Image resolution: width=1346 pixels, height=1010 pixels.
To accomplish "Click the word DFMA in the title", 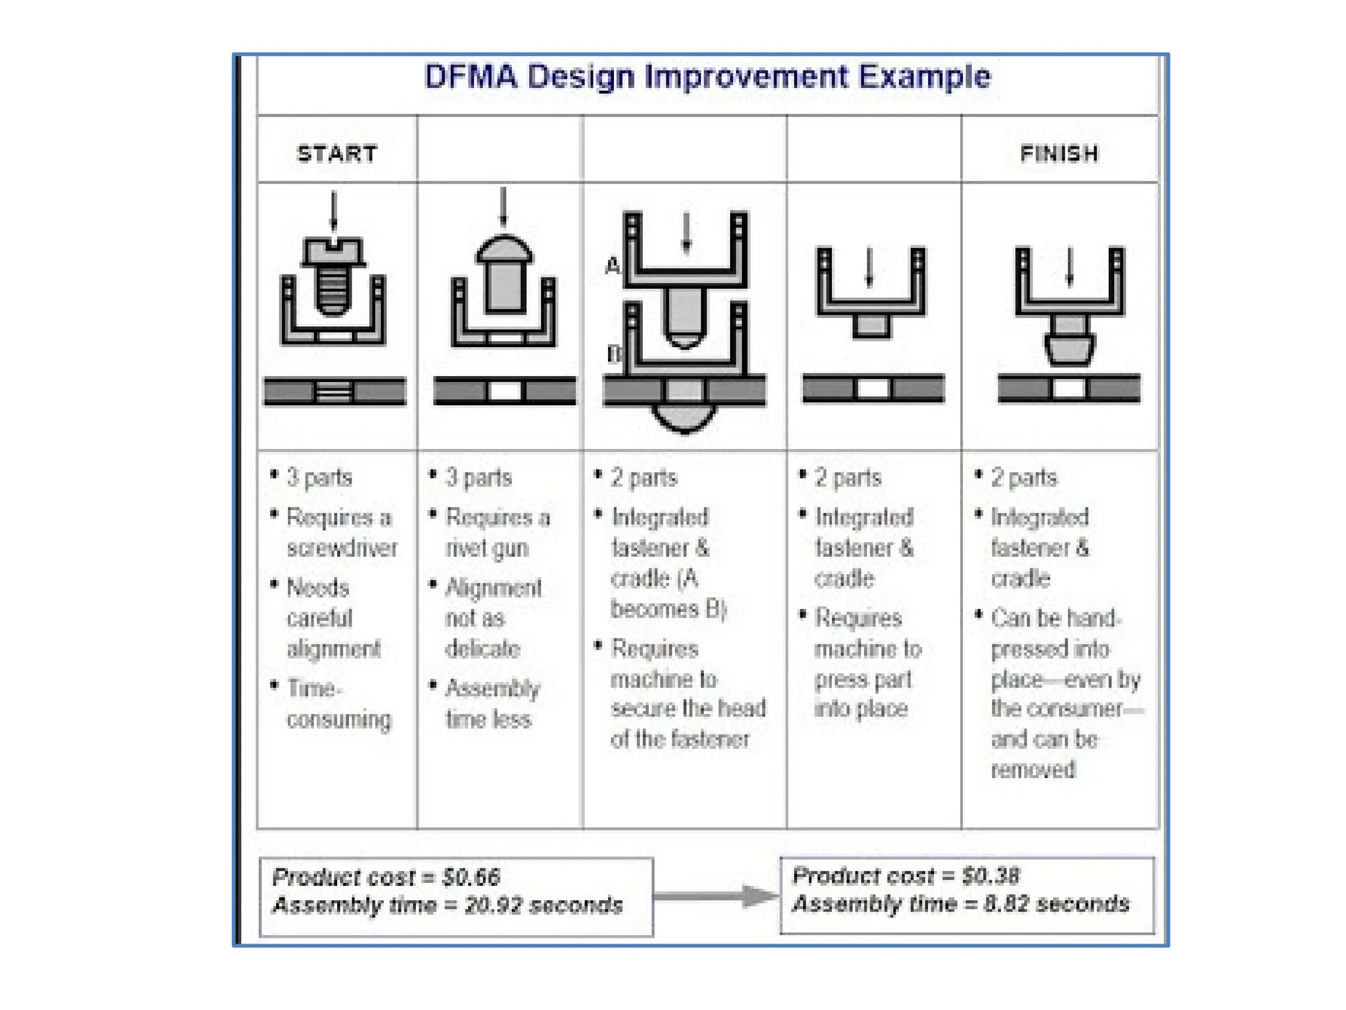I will pos(471,77).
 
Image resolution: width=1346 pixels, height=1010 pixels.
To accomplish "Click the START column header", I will pos(337,154).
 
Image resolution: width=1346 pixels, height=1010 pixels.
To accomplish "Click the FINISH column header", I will pos(1059,154).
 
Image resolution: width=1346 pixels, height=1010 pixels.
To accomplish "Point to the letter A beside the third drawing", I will pos(613,266).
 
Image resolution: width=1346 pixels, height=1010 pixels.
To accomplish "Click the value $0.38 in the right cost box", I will pos(990,876).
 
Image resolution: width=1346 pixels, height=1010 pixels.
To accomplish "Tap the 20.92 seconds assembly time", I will pos(543,905).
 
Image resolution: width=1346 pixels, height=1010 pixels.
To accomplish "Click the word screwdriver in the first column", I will pos(342,548).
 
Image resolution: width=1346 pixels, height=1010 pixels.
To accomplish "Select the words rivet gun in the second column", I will pos(487,548).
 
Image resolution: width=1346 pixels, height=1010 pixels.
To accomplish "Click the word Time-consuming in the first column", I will pos(338,704).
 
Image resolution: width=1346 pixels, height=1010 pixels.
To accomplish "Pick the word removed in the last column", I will pos(1033,769).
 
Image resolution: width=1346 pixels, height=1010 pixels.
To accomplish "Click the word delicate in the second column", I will pos(483,649).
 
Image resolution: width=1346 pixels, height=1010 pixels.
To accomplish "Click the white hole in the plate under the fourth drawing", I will pos(873,389).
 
